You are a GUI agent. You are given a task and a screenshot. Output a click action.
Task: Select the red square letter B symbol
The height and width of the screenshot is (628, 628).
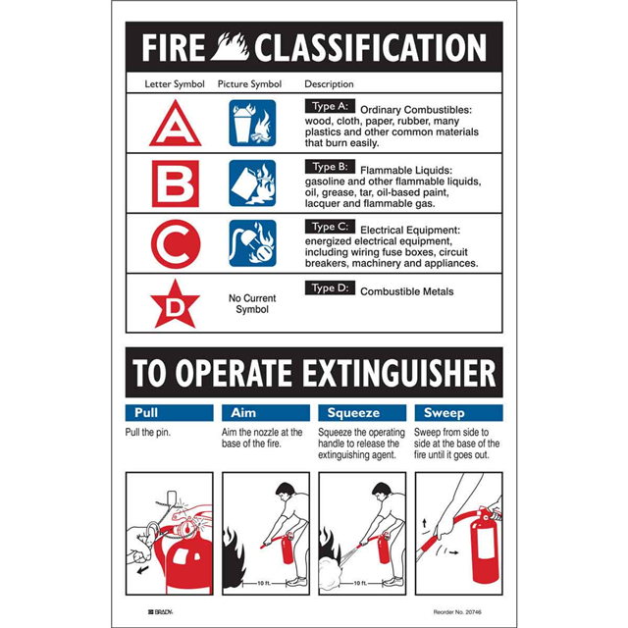176,183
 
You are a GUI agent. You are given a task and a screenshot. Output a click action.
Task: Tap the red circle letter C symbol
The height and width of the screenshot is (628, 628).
176,244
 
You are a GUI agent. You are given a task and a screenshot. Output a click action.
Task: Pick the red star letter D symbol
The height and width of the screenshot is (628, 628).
175,305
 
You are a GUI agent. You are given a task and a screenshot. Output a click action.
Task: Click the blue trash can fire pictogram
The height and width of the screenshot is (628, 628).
252,123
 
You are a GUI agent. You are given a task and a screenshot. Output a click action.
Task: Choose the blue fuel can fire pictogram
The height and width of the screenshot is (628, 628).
252,183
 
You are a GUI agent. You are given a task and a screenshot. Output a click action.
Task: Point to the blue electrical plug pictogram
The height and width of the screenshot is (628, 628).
252,243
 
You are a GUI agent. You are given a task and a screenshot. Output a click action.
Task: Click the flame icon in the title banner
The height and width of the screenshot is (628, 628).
230,47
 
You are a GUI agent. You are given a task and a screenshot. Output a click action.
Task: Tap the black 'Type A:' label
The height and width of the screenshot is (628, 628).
330,106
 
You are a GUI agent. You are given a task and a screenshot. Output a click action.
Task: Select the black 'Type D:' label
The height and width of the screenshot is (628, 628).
330,288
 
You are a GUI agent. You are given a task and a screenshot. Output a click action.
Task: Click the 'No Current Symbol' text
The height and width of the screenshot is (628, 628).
252,303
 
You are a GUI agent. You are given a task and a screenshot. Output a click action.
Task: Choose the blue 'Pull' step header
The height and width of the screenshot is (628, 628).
169,412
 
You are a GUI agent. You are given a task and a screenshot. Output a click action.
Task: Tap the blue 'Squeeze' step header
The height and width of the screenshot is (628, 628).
362,412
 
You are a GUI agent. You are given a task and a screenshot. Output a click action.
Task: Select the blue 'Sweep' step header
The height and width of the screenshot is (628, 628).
458,412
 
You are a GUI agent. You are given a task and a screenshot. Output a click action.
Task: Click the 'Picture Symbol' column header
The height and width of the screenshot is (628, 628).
249,84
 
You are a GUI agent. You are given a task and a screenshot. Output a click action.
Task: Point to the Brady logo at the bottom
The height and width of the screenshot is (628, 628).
160,612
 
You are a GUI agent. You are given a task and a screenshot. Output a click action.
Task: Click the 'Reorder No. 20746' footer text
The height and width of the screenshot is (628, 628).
457,612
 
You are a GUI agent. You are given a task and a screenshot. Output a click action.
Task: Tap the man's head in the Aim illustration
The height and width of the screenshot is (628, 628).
286,491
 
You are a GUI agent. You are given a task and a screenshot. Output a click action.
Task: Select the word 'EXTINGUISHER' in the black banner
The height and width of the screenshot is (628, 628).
399,373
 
